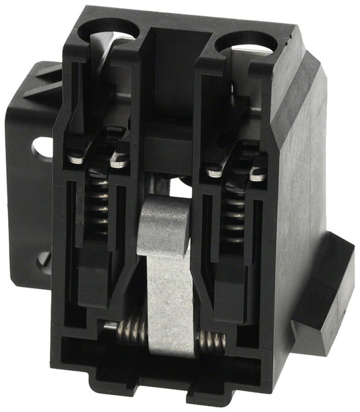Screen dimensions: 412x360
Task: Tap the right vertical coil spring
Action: pyautogui.click(x=234, y=213)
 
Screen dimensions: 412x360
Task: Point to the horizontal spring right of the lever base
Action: pyautogui.click(x=212, y=342)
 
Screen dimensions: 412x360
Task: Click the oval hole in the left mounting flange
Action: pyautogui.click(x=42, y=148)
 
